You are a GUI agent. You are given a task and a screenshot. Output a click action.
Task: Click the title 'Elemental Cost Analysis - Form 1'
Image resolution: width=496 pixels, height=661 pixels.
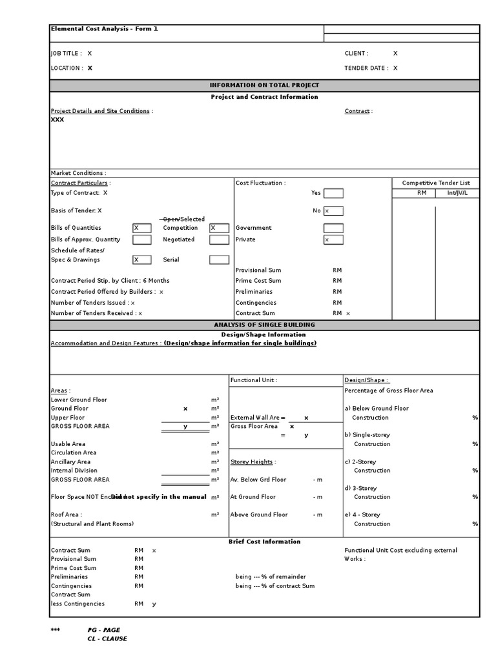[104, 29]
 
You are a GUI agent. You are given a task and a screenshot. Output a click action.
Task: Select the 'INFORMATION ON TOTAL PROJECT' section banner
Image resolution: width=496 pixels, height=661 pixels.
[264, 85]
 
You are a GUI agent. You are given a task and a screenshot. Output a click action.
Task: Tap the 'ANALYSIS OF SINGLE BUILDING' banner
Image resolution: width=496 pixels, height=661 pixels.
[264, 325]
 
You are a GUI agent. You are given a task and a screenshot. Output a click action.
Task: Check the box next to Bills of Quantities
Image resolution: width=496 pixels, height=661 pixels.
[141, 228]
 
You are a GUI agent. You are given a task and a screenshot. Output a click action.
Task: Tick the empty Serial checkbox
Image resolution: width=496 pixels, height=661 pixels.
[219, 260]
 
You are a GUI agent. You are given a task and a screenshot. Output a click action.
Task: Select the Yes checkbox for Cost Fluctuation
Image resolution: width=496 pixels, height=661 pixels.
[333, 193]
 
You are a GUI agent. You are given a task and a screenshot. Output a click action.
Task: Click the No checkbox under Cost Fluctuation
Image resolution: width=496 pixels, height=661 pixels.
[333, 210]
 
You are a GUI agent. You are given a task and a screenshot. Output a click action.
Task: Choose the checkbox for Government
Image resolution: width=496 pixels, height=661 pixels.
[333, 228]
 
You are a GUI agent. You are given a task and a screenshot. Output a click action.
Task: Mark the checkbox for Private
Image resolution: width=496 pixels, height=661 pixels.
[333, 239]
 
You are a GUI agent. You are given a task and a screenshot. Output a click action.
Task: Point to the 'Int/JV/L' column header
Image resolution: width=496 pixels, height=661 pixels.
[457, 193]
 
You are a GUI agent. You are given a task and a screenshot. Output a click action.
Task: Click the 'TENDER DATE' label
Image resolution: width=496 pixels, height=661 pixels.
[366, 68]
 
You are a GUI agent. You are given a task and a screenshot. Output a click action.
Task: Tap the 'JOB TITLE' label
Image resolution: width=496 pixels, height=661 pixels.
[67, 54]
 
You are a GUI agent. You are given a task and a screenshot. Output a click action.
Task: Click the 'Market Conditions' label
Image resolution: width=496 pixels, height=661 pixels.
[78, 173]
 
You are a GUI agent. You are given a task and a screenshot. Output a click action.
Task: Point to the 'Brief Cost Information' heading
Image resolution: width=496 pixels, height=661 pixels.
[264, 542]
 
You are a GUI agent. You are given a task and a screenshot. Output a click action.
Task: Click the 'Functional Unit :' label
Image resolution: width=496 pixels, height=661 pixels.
[254, 381]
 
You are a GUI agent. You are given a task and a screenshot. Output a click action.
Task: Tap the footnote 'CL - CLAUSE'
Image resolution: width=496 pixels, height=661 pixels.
[107, 639]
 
